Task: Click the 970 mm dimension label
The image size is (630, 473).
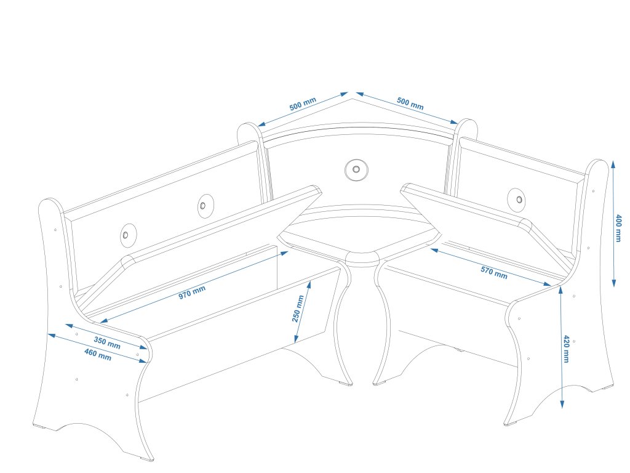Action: coord(192,290)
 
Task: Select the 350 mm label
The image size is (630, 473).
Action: coord(107,342)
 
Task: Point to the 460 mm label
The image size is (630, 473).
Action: coord(98,354)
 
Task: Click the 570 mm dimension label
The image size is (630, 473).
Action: coord(494,272)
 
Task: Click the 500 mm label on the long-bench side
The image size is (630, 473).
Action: coord(303,104)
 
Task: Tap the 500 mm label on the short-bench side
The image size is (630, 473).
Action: coord(410,103)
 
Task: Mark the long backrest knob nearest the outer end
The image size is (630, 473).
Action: coord(126,235)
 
